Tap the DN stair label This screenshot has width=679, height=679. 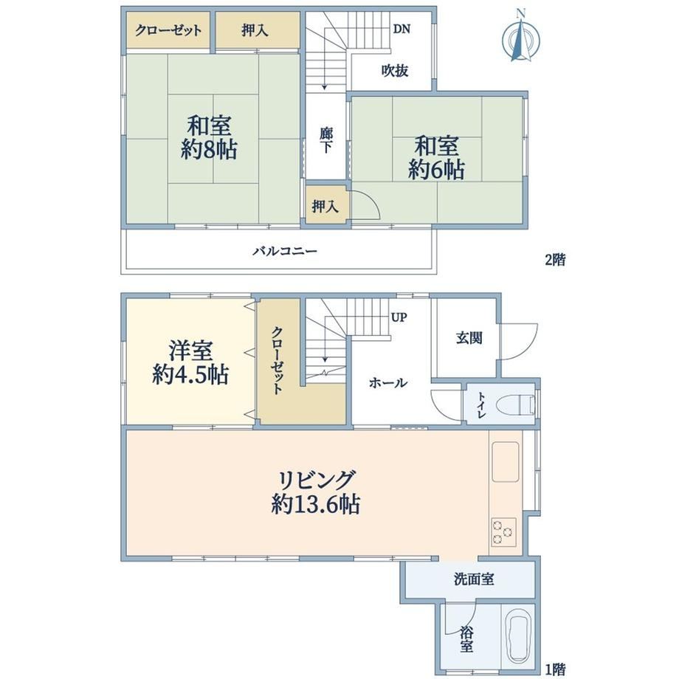(401, 29)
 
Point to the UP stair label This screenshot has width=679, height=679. (399, 317)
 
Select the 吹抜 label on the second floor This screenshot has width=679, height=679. (395, 71)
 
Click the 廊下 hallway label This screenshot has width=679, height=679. (326, 140)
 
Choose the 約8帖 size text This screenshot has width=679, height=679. (209, 150)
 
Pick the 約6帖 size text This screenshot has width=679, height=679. (436, 170)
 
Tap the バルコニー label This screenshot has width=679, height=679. (285, 251)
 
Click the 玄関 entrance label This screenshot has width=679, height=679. (469, 338)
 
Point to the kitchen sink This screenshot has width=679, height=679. (506, 461)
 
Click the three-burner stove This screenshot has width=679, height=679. (503, 532)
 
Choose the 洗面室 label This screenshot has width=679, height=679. (474, 579)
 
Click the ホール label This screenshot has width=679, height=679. (388, 383)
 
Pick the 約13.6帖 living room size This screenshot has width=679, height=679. (316, 504)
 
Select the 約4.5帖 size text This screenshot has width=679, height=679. (190, 375)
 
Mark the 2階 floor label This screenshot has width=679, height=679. (555, 260)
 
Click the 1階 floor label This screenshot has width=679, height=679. (555, 669)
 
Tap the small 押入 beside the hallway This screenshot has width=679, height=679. (325, 207)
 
